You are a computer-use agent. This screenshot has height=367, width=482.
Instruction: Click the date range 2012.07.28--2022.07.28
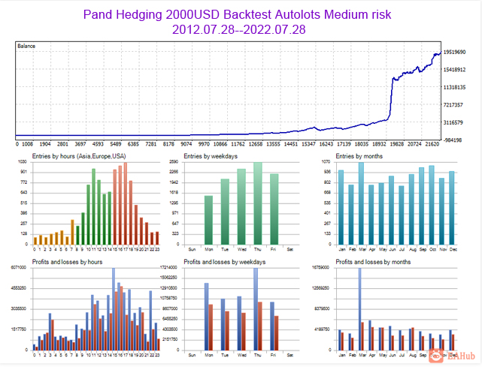tap(240, 29)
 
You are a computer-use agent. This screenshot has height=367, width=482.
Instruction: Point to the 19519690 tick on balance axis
tap(457, 53)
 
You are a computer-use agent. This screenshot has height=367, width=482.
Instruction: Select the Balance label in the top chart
tap(27, 47)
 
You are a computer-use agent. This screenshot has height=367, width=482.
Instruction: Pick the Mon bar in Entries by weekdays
tap(208, 219)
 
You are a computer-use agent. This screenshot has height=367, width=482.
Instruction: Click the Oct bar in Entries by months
tap(432, 204)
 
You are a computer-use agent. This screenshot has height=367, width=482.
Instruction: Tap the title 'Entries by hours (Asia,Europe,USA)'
tap(79, 156)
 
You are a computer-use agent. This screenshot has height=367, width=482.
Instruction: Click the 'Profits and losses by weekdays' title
tap(223, 262)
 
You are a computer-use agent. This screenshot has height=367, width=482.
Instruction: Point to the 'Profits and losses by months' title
tap(374, 262)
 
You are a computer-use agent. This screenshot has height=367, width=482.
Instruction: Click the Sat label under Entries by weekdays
tap(291, 248)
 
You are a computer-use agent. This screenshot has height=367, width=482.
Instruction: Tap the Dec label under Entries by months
tap(452, 248)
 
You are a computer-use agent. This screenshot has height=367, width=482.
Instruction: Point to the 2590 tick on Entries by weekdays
tap(173, 162)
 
